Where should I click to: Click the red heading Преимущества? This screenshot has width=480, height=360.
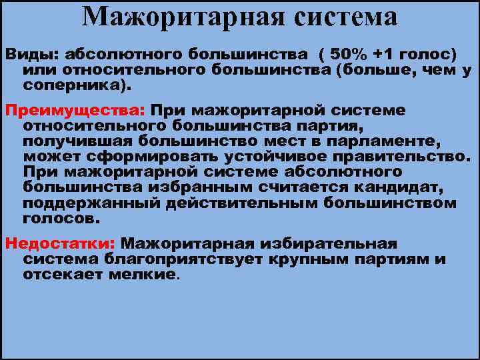pyautogui.click(x=75, y=110)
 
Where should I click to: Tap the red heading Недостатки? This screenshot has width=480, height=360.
pyautogui.click(x=60, y=244)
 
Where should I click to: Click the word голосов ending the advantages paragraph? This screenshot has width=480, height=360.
pyautogui.click(x=59, y=219)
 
